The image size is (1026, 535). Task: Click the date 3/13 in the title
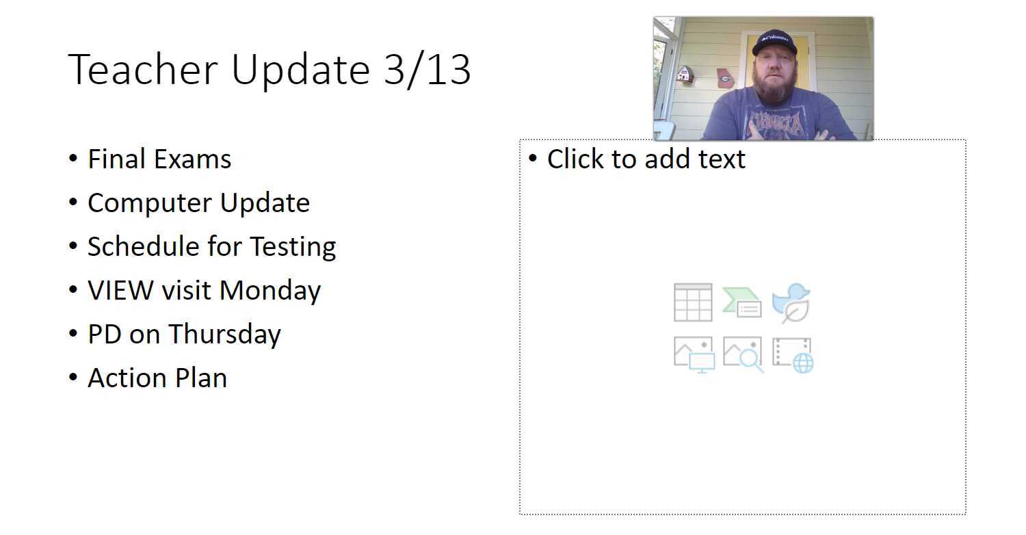[x=428, y=70]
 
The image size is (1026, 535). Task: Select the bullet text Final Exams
[x=159, y=159]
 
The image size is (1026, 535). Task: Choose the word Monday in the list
[x=270, y=291]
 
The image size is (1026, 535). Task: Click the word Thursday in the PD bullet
[x=224, y=335]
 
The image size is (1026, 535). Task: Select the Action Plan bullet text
[x=157, y=378]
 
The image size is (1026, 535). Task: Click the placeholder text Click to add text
[x=646, y=159]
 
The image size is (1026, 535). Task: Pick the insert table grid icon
[x=693, y=302]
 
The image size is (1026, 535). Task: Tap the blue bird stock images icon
[x=792, y=302]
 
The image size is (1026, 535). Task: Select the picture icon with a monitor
[x=694, y=354]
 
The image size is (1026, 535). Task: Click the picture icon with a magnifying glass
[x=743, y=354]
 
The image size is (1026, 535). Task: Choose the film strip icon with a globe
[x=793, y=354]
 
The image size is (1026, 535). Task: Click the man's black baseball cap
[x=774, y=42]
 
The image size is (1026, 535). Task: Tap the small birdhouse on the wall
[x=685, y=74]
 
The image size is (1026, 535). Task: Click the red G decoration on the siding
[x=725, y=79]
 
